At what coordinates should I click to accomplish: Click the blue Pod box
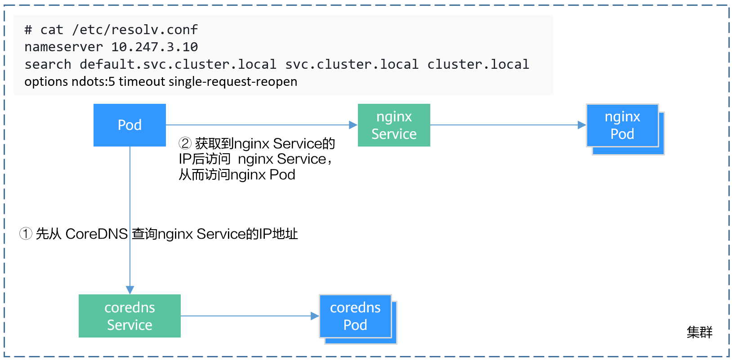pos(129,125)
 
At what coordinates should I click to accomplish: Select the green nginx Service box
pos(394,125)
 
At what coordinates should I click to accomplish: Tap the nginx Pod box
pos(622,125)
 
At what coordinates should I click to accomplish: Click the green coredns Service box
pos(129,316)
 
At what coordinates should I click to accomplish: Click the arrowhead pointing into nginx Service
pos(353,125)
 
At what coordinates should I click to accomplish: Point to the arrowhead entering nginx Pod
pos(581,125)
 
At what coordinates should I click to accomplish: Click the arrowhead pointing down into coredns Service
pos(130,290)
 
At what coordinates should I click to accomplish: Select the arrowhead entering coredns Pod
pos(315,316)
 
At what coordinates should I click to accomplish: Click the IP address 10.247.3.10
pos(154,47)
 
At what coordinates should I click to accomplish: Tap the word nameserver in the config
pos(63,47)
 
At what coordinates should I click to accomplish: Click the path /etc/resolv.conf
pos(134,30)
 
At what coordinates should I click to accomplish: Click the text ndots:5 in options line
pos(93,82)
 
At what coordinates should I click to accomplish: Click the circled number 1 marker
pos(26,234)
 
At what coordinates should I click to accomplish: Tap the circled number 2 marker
pos(185,143)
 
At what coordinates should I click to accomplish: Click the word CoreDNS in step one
pos(97,234)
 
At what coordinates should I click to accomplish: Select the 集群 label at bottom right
pos(699,332)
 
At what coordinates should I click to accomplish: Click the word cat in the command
pos(52,30)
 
